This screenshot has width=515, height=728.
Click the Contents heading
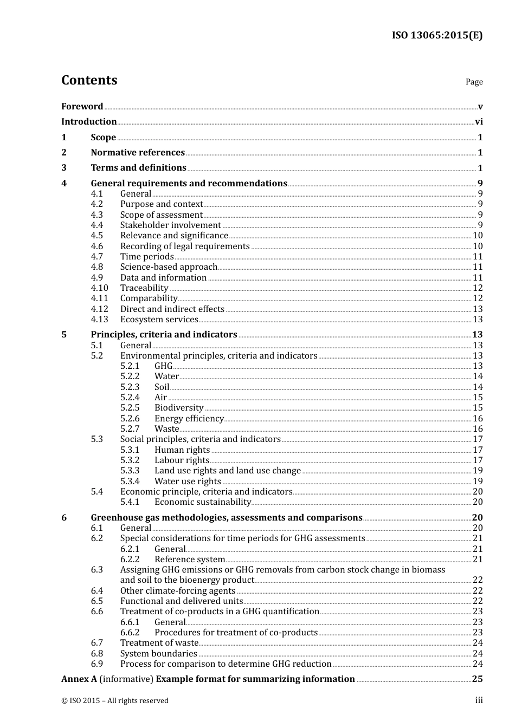[x=89, y=80]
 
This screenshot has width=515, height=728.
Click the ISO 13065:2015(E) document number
[x=437, y=36]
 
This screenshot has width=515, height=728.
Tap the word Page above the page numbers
[x=474, y=82]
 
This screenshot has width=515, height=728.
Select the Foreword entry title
[x=82, y=106]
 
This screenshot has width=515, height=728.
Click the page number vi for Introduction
[x=479, y=122]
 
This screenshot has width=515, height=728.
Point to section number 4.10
[x=99, y=288]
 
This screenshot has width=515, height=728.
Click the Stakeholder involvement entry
[x=170, y=225]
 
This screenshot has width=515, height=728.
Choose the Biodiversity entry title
[x=179, y=408]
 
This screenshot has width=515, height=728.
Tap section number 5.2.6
[x=130, y=418]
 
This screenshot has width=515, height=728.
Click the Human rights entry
[x=182, y=450]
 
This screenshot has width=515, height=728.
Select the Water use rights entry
[x=188, y=481]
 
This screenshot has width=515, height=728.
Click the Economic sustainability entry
[x=202, y=502]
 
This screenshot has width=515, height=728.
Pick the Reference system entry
[x=189, y=560]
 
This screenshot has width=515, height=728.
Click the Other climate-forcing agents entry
[x=178, y=591]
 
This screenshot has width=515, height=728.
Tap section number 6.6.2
[x=130, y=633]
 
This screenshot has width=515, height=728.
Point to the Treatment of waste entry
[x=159, y=643]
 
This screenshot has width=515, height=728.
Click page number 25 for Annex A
[x=477, y=679]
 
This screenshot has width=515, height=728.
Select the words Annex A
[x=79, y=679]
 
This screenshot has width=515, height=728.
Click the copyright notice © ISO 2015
[x=115, y=701]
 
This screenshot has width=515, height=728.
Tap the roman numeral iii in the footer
[x=479, y=700]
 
